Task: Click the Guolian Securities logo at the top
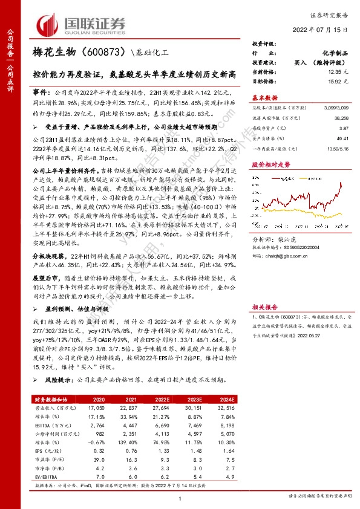tap(82, 24)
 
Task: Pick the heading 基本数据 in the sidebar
tap(264, 97)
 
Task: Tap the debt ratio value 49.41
tap(343, 138)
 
